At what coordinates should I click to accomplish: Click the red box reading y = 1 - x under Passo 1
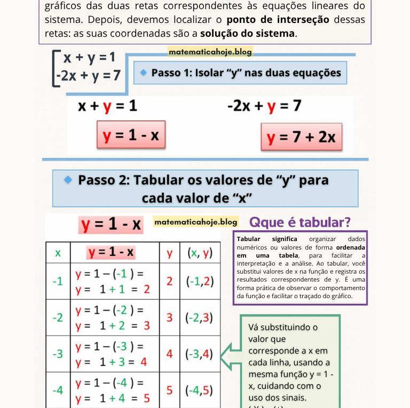coord(131,135)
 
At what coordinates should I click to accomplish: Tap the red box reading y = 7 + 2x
coord(301,138)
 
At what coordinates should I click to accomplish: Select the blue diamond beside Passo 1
coord(144,72)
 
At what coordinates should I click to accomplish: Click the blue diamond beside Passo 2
coord(68,180)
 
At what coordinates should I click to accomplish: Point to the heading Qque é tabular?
coord(300,222)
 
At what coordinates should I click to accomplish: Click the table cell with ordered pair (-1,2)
coord(199,282)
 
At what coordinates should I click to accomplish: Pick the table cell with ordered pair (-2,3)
coord(199,318)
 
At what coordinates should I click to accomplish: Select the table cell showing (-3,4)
coord(199,354)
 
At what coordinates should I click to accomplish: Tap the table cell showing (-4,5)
coord(199,390)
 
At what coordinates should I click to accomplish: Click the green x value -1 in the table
coord(58,282)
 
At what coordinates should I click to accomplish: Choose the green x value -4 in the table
coord(58,390)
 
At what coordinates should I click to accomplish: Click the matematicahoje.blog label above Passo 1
coord(210,52)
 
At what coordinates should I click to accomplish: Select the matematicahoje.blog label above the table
coord(195,221)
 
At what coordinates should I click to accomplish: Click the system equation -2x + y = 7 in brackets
coord(89,75)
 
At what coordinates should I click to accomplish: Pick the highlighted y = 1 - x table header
coord(112,252)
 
